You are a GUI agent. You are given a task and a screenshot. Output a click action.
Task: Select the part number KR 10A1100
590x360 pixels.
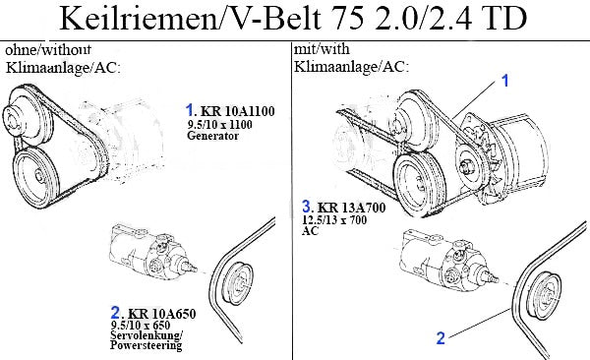pos(237,111)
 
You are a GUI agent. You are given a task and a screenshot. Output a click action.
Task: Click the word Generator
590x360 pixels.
pos(212,136)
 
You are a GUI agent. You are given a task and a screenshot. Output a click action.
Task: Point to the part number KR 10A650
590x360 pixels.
pos(162,314)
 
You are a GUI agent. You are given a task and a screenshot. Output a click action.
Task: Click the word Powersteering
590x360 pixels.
pos(146,345)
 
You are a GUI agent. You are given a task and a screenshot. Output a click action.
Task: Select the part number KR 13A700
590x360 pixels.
pos(351,208)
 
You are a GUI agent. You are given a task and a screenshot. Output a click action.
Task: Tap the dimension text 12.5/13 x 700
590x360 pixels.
pos(334,219)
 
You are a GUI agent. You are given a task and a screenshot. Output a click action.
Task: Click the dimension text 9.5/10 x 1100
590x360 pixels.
pos(219,124)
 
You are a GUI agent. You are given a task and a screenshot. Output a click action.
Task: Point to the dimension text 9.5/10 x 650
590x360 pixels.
pos(141,325)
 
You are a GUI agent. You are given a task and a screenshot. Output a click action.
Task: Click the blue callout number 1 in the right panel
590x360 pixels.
pos(505,81)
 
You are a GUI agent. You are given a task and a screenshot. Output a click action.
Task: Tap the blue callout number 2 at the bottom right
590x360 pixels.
pos(441,337)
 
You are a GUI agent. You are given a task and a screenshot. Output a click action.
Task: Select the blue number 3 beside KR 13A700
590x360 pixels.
pos(307,207)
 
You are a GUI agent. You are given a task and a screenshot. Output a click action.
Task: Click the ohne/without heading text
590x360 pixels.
pos(48,49)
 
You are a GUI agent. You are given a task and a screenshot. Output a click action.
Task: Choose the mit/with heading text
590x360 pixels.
pos(322,49)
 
